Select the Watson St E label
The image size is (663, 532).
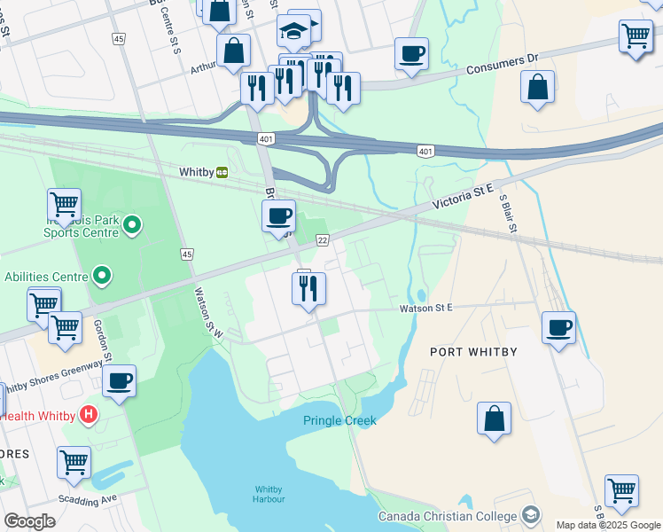(x=425, y=308)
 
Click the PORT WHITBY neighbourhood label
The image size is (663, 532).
(x=473, y=352)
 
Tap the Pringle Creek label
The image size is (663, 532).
(x=339, y=420)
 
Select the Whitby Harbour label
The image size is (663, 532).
(x=269, y=494)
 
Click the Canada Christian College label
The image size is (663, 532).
(x=448, y=516)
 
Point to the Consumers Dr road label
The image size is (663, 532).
(x=502, y=59)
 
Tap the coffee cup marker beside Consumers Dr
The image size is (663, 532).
(x=411, y=54)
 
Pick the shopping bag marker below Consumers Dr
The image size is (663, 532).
(x=537, y=88)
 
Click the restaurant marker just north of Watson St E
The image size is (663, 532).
(x=308, y=288)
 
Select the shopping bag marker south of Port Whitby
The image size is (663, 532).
(x=494, y=419)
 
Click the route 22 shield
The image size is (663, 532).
(x=323, y=240)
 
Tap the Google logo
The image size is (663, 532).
(x=29, y=520)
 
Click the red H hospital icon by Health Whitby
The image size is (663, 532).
(x=88, y=414)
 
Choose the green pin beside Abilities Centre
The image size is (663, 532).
(x=102, y=277)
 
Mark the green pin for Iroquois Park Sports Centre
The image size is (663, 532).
(x=132, y=225)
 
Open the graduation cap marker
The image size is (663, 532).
(x=293, y=32)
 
